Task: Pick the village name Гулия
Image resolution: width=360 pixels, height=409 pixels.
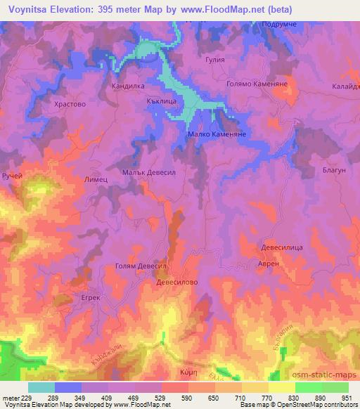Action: pyautogui.click(x=214, y=60)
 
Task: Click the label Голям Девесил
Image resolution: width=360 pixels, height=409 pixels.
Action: pyautogui.click(x=140, y=266)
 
